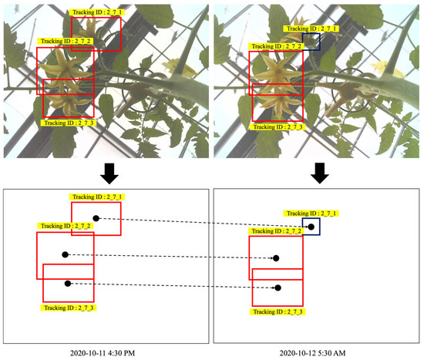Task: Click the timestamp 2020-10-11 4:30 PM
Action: [106, 353]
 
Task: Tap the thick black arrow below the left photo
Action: [110, 173]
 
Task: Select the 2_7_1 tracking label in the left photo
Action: [96, 13]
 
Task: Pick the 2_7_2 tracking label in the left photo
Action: [66, 41]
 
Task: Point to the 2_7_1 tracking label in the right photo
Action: [311, 29]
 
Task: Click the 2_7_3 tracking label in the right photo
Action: [278, 126]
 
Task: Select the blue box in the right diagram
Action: [311, 227]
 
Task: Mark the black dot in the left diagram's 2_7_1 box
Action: [96, 218]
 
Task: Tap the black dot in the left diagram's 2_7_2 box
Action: [65, 254]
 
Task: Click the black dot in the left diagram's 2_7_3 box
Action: [69, 284]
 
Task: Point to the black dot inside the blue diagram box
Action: [311, 227]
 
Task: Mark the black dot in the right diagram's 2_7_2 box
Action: [278, 259]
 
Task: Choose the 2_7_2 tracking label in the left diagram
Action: [66, 226]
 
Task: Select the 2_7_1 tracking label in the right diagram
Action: [312, 214]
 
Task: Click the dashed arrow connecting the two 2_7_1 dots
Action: [200, 222]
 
